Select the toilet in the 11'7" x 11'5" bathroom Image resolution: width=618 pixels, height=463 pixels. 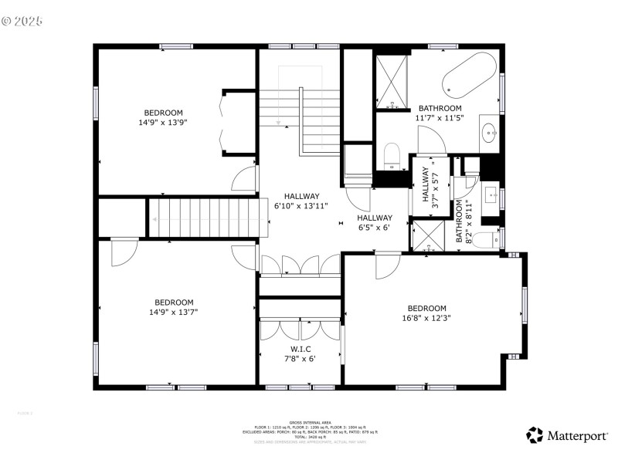click(x=392, y=156)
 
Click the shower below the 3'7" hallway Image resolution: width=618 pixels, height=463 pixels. click(x=428, y=236)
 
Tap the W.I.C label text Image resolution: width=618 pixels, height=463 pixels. click(x=301, y=349)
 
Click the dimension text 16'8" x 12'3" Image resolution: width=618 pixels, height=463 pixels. click(x=426, y=318)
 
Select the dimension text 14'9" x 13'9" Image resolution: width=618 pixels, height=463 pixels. click(x=163, y=122)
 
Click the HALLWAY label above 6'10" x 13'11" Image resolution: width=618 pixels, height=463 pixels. click(x=301, y=196)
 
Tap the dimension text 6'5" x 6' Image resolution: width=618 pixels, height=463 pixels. click(x=375, y=228)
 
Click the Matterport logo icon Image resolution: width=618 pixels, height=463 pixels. click(x=535, y=436)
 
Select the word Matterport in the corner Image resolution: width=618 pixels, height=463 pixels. click(x=578, y=437)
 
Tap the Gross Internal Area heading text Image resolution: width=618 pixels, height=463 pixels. click(x=310, y=422)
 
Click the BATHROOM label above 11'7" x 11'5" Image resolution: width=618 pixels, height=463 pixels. click(x=440, y=108)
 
